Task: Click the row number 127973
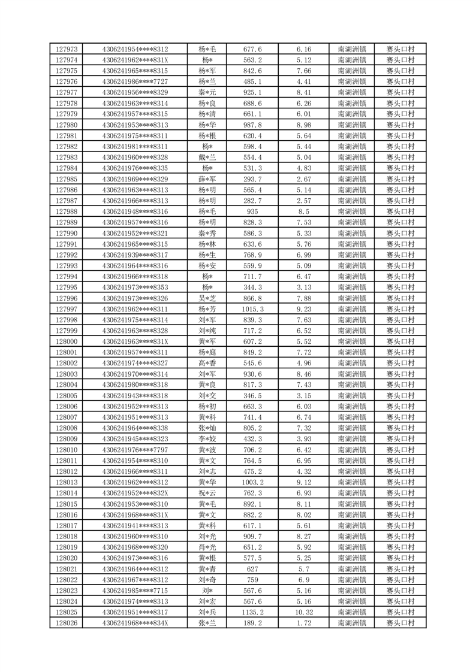pos(66,49)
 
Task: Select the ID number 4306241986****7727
pos(135,81)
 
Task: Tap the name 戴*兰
pos(207,158)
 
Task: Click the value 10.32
pos(304,613)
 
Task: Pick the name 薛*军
pos(207,179)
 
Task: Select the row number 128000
pos(66,341)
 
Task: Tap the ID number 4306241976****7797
pos(135,450)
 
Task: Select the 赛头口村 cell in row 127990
pos(400,233)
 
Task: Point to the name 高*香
pos(207,363)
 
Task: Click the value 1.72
pos(304,623)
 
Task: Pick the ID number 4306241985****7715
pos(135,591)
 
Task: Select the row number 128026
pos(66,623)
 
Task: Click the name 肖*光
pos(207,547)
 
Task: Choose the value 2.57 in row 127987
pos(304,201)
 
